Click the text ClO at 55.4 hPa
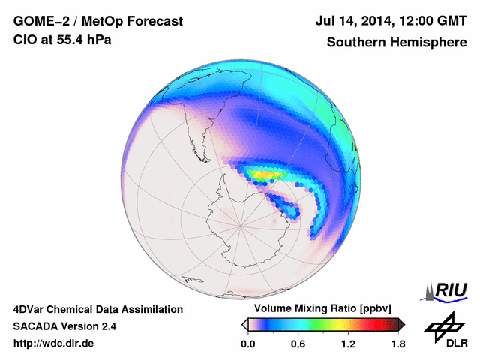pos(62,40)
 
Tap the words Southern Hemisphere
pos(397,43)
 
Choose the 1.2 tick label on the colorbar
pos(348,343)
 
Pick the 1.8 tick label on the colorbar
pos(398,343)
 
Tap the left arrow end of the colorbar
pos(244,324)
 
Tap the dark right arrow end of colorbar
pos(401,324)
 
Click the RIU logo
pos(448,291)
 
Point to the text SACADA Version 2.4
pos(64,326)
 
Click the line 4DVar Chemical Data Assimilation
pos(97,309)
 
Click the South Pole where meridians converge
pos(240,223)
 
